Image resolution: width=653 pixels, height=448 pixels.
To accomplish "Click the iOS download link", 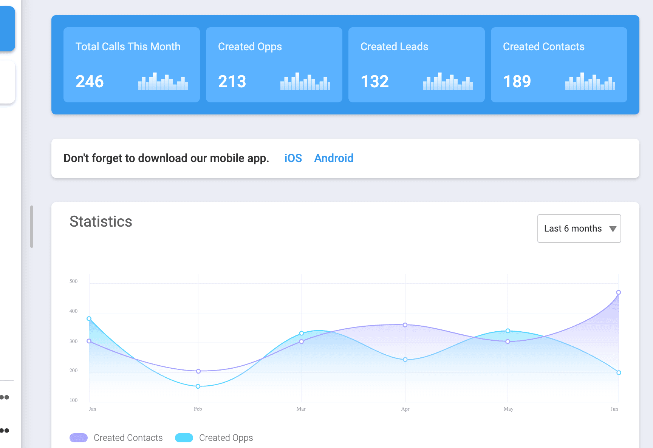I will click(x=293, y=158).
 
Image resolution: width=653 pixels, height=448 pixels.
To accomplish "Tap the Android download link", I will click(x=334, y=158).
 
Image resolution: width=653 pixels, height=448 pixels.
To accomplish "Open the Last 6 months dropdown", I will click(x=579, y=229).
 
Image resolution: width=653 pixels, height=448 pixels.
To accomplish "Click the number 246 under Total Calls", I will click(x=90, y=82).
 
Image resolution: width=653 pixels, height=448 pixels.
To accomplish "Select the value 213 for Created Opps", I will click(x=232, y=82).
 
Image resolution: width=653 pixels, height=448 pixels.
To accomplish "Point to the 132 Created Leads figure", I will click(x=374, y=82).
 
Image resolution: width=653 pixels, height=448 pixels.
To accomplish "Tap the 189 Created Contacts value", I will click(x=517, y=82).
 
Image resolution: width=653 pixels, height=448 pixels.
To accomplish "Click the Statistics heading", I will click(x=101, y=221).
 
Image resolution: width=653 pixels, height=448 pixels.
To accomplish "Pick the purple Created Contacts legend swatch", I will click(x=79, y=438).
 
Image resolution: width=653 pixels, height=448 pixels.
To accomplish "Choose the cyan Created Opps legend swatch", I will click(x=184, y=438).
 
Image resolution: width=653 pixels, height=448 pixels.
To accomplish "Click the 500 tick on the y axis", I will click(x=73, y=281).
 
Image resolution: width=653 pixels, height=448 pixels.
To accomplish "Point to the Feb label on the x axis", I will click(x=198, y=409).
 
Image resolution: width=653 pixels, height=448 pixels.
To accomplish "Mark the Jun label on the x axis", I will click(x=614, y=409).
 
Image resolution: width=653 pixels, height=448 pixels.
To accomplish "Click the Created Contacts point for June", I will click(x=619, y=292).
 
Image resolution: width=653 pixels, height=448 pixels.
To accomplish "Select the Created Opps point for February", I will click(x=198, y=386).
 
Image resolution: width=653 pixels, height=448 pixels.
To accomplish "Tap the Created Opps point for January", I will click(x=89, y=319).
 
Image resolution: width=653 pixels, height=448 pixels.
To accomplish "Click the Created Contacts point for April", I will click(x=405, y=325).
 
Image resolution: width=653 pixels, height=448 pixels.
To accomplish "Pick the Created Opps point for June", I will click(x=619, y=373).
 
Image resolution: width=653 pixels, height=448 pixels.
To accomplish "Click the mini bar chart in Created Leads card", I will click(x=447, y=82).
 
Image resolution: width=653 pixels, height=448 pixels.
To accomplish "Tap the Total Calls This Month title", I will click(x=128, y=46).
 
